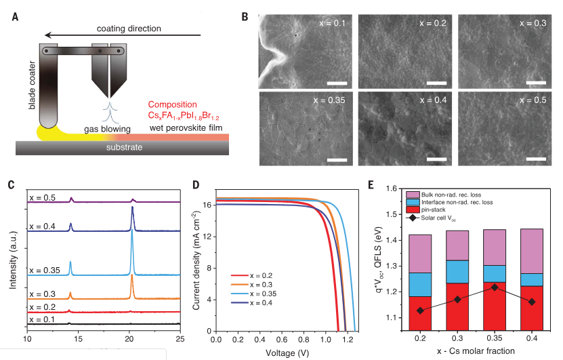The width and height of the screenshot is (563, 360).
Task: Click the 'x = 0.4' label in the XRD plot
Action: pyautogui.click(x=43, y=218)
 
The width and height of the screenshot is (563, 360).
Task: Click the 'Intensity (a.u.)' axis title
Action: pyautogui.click(x=12, y=258)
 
